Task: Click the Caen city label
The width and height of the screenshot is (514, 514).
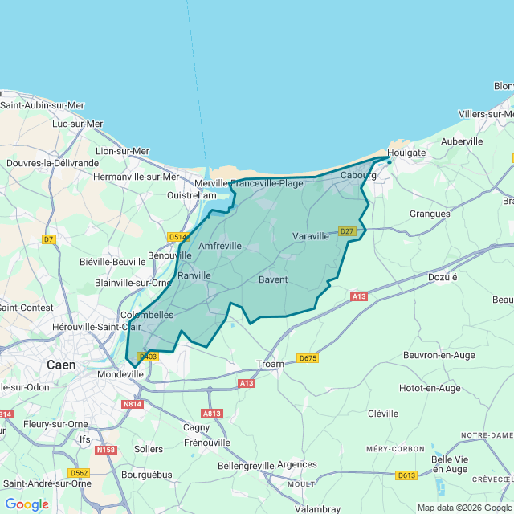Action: pyautogui.click(x=61, y=364)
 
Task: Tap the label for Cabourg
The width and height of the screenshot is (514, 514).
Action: pyautogui.click(x=358, y=175)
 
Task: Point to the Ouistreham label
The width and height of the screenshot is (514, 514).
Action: pyautogui.click(x=192, y=194)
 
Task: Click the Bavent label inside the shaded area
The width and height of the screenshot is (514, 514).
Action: pyautogui.click(x=273, y=279)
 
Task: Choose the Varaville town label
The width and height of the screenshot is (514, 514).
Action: pyautogui.click(x=311, y=236)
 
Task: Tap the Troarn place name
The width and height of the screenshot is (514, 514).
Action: pyautogui.click(x=271, y=364)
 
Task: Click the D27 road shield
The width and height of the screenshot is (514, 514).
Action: pyautogui.click(x=347, y=231)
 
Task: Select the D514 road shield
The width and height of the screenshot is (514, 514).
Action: pyautogui.click(x=177, y=237)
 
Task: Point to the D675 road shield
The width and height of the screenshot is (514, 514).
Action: pyautogui.click(x=308, y=358)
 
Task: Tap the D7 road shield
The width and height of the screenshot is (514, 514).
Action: pyautogui.click(x=49, y=239)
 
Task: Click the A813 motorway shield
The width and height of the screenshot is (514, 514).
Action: pyautogui.click(x=212, y=414)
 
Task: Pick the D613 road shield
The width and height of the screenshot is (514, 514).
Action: pyautogui.click(x=406, y=475)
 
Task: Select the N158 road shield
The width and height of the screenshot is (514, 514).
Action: pyautogui.click(x=105, y=450)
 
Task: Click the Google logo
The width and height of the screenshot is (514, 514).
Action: pyautogui.click(x=27, y=504)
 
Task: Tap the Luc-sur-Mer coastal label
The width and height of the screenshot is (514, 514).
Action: pyautogui.click(x=78, y=124)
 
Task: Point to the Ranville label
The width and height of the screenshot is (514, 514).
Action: pyautogui.click(x=194, y=275)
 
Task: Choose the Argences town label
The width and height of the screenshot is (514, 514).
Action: pyautogui.click(x=296, y=464)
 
